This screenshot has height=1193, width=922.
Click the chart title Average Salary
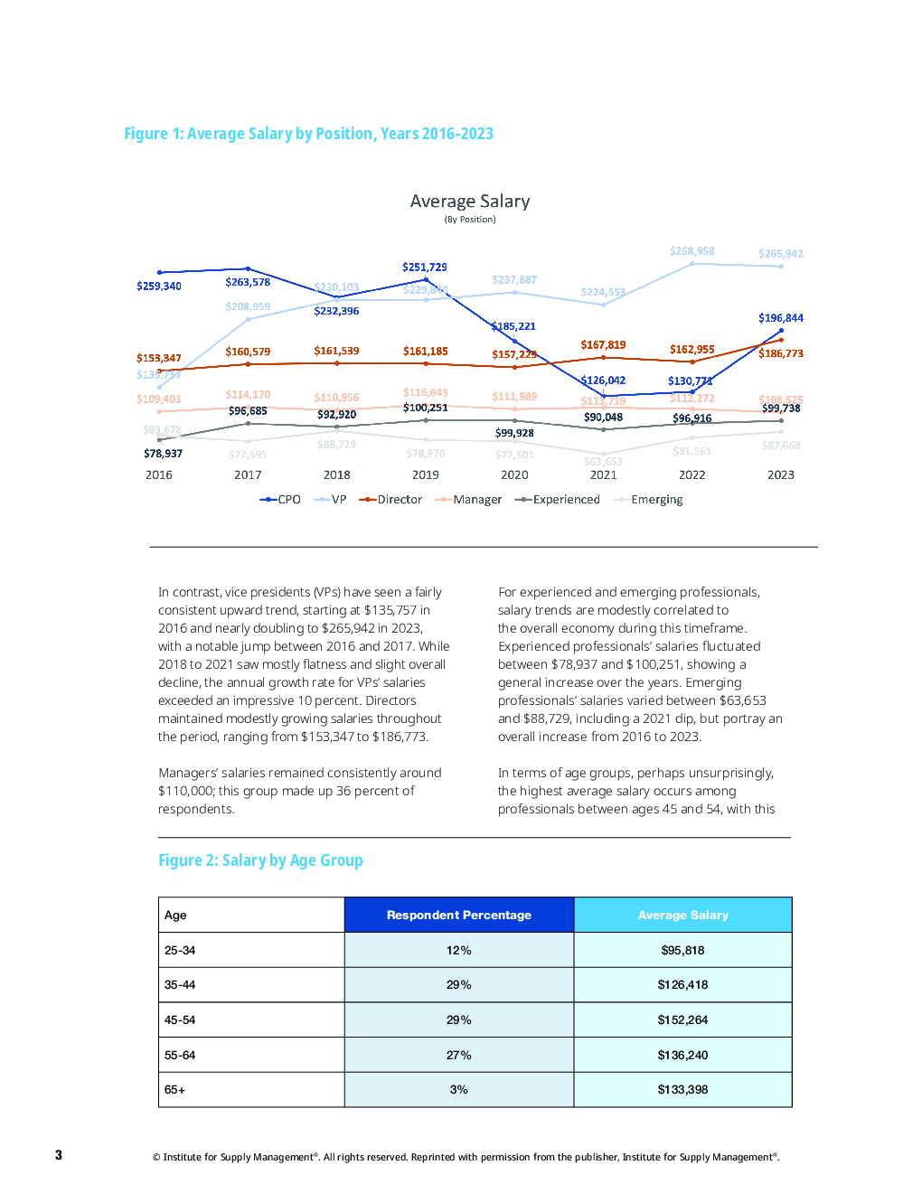point(470,202)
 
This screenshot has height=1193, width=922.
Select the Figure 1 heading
point(308,134)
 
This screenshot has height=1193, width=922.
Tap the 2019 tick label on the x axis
point(426,474)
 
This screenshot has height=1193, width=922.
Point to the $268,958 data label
point(691,251)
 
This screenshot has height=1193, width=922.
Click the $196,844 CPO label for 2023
point(781,318)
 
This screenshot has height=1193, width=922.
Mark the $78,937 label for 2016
point(163,454)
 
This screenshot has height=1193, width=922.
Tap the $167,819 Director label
point(603,345)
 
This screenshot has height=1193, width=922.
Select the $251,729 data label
point(425,268)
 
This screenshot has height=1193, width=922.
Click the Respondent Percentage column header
point(459,915)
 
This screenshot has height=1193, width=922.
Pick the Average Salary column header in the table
point(683,915)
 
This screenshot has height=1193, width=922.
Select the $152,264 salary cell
point(682,1020)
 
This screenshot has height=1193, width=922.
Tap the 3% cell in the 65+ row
point(459,1090)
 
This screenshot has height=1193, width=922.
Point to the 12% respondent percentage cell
point(459,951)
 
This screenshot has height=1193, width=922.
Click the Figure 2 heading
point(260,860)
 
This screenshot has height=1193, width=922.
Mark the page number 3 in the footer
point(59,1155)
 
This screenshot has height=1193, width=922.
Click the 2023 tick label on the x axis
point(781,474)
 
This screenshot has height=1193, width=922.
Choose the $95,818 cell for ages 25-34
point(682,951)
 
